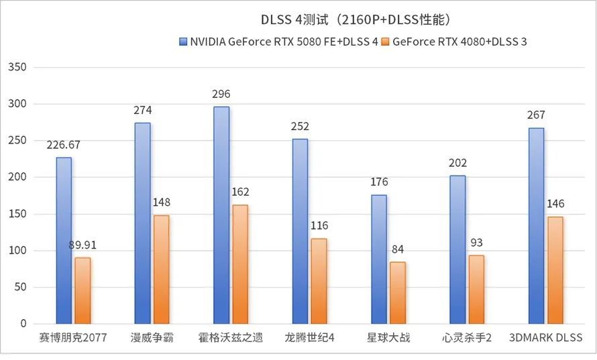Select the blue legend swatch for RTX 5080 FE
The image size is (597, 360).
(x=182, y=42)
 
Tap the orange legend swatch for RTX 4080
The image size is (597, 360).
(x=385, y=42)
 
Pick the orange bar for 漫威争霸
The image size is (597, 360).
(x=161, y=269)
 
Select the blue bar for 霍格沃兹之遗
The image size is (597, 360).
(x=221, y=215)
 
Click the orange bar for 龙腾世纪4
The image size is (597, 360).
(x=319, y=281)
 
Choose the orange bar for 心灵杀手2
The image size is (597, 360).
(x=476, y=289)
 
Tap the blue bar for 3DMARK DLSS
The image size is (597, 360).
(x=536, y=225)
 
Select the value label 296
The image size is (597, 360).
(x=221, y=95)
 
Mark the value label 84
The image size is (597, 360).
(x=398, y=249)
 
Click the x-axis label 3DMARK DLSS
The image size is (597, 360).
(x=545, y=337)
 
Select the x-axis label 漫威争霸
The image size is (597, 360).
(x=152, y=337)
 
